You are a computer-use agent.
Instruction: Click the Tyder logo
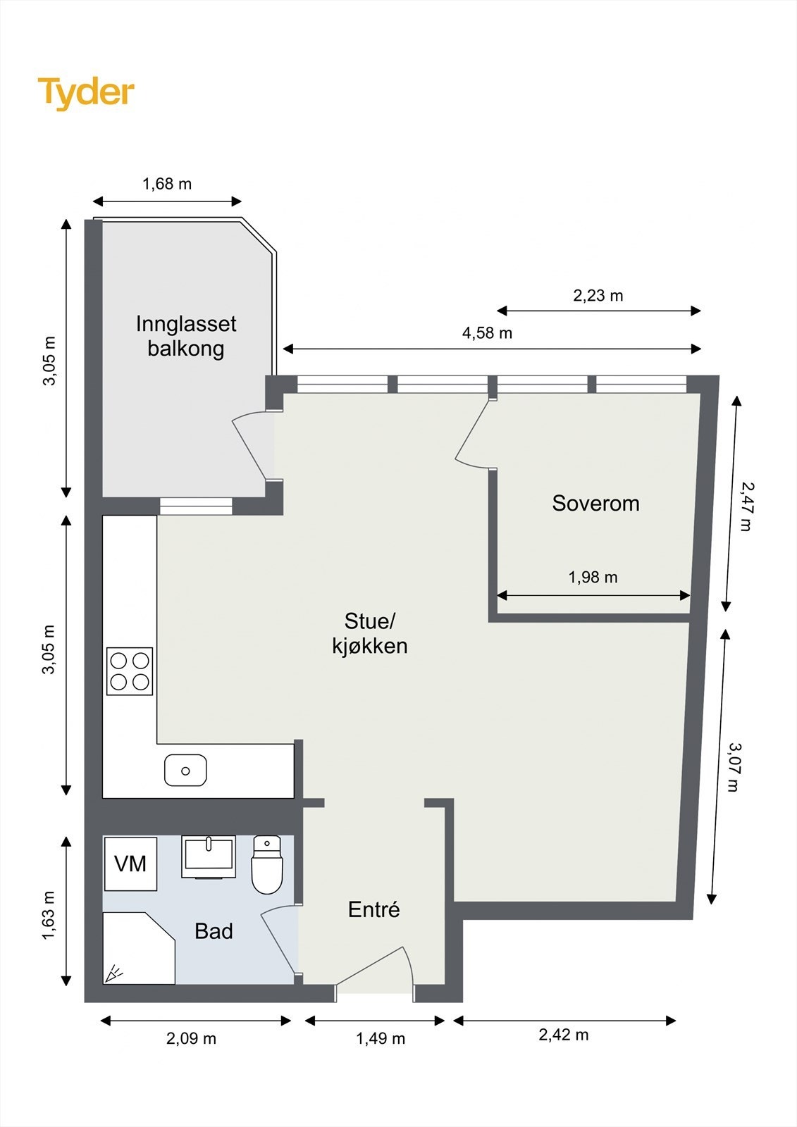[86, 92]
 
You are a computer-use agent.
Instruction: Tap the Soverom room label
[595, 503]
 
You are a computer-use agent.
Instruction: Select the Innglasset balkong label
[186, 336]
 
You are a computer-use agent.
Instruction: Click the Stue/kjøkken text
[370, 633]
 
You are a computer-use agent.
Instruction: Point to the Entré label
[373, 909]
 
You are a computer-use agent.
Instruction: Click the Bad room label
[214, 931]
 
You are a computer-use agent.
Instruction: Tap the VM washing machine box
[130, 864]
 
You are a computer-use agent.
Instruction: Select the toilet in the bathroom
[267, 865]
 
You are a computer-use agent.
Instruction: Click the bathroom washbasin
[209, 856]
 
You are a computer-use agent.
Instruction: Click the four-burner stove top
[130, 671]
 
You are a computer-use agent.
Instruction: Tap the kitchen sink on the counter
[185, 771]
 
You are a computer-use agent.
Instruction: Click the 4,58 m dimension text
[487, 333]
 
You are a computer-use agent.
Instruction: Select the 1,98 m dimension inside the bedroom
[593, 578]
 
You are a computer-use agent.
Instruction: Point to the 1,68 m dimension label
[167, 184]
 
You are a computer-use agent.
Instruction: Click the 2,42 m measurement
[563, 1035]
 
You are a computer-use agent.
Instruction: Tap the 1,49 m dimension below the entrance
[381, 1038]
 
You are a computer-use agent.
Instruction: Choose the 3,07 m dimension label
[734, 766]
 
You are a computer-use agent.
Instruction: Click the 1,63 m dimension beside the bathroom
[48, 915]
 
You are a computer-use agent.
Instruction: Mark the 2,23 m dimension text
[598, 296]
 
